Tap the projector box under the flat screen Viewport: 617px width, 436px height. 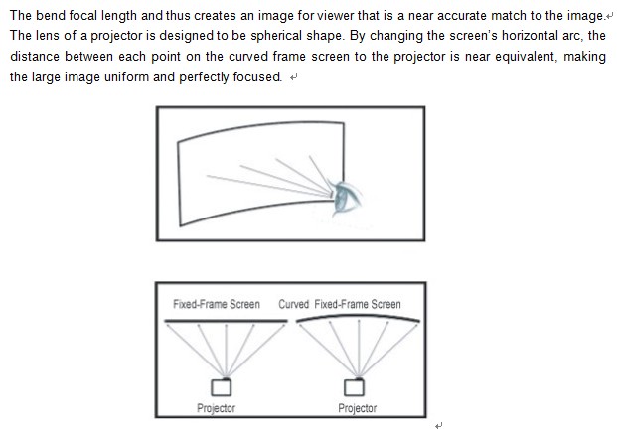(221, 387)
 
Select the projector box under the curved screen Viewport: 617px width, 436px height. (354, 387)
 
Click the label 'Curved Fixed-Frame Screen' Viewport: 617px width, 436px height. (340, 304)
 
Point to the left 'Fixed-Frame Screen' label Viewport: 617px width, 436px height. (217, 304)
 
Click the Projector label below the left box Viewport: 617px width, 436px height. (216, 408)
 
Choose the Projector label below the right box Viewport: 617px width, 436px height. (358, 408)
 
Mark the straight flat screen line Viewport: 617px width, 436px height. (226, 321)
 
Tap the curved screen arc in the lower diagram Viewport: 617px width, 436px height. (358, 316)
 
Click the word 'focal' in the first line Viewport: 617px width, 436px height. (83, 15)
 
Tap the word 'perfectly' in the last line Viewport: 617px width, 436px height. (204, 77)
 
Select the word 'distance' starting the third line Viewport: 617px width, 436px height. (35, 57)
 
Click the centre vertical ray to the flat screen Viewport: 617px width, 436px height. (226, 351)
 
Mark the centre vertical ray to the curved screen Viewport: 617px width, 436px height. (359, 348)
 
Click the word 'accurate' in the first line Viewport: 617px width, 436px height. (462, 15)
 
